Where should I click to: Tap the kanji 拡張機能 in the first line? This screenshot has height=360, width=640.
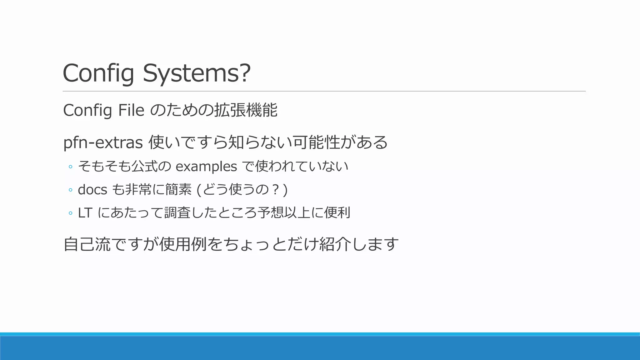coord(246,110)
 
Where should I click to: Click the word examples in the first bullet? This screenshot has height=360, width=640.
coord(206,167)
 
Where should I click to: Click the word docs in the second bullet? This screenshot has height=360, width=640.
coord(92,190)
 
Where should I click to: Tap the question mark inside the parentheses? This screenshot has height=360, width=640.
coord(275,190)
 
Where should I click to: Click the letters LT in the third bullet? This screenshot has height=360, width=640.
coord(84,213)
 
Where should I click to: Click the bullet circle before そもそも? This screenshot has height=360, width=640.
coord(70,167)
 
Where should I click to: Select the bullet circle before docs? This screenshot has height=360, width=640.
coord(70,190)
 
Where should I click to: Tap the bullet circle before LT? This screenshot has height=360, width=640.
coord(70,213)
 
